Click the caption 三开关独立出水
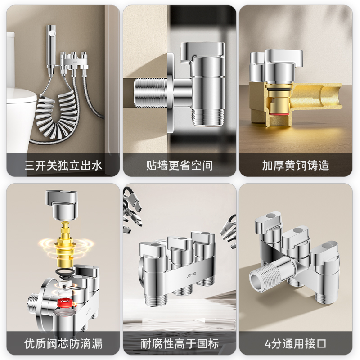click(x=63, y=166)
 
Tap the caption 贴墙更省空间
click(x=180, y=166)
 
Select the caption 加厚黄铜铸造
click(x=296, y=166)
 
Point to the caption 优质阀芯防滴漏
click(x=63, y=344)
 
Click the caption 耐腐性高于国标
click(x=180, y=344)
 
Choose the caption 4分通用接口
click(x=296, y=344)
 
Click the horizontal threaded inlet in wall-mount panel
click(x=150, y=92)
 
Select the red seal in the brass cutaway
click(x=279, y=113)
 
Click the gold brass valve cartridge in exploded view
click(x=65, y=243)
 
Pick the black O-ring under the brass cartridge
click(x=65, y=271)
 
